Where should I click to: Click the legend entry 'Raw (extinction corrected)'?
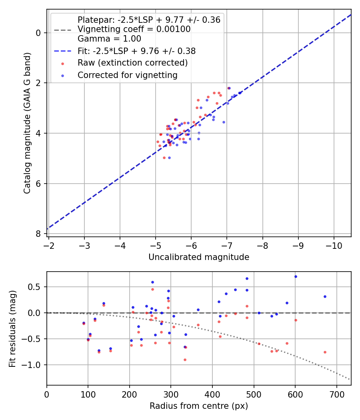click(x=132, y=63)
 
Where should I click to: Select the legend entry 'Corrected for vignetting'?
click(x=127, y=75)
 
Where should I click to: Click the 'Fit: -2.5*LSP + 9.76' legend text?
click(x=136, y=51)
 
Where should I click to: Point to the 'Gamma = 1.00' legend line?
click(x=109, y=39)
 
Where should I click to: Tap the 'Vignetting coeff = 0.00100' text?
click(x=134, y=29)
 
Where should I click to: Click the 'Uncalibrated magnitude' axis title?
click(x=199, y=257)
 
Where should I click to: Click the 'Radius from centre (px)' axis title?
click(x=199, y=406)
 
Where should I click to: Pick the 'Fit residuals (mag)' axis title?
click(x=12, y=328)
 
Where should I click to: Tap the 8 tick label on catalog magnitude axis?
click(x=39, y=234)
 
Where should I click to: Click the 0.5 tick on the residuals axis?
click(x=36, y=287)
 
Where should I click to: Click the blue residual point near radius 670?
click(x=325, y=296)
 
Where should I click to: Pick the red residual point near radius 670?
click(x=325, y=352)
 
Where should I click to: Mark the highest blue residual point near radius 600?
click(x=296, y=276)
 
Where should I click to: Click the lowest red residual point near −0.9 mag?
click(x=185, y=360)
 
